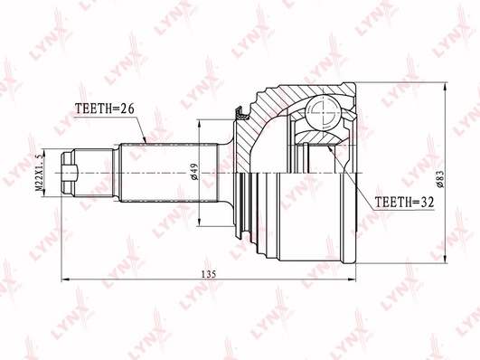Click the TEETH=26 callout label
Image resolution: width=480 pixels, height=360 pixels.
pos(105,109)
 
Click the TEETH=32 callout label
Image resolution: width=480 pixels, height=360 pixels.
pos(404,202)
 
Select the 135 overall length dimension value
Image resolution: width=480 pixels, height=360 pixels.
pos(209,274)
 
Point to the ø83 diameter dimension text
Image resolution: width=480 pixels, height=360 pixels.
pos(440,179)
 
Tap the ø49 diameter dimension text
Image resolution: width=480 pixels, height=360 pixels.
pos(194,172)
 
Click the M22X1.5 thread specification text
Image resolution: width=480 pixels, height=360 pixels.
pos(39,173)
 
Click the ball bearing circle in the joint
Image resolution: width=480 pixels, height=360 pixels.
pos(324,113)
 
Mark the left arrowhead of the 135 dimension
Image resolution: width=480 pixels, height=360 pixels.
pos(65,279)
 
